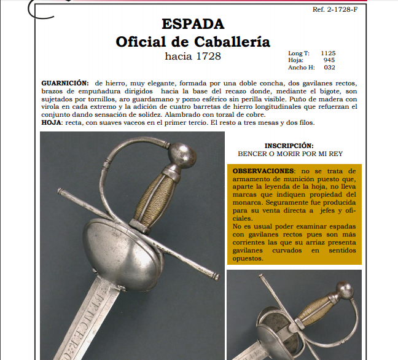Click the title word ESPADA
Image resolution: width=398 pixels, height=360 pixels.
click(193, 25)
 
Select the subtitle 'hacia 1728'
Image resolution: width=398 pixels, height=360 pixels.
click(193, 57)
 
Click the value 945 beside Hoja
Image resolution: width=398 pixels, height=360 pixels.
click(329, 61)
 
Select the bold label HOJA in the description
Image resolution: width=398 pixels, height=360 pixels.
click(52, 122)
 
